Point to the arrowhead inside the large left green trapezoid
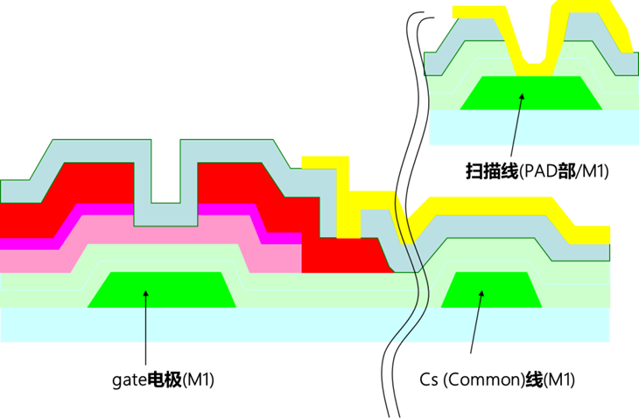point(145,295)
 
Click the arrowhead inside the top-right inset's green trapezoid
point(523,97)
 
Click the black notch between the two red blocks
point(165,166)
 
